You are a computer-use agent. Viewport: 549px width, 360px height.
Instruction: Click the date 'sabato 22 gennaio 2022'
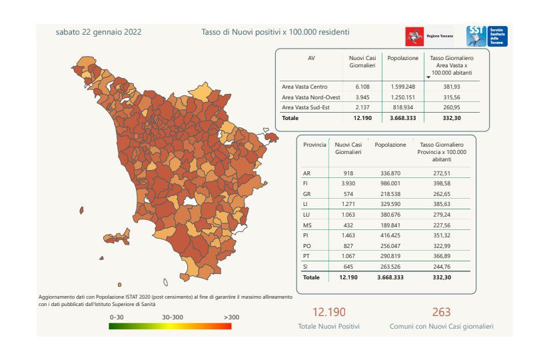[x=99, y=31]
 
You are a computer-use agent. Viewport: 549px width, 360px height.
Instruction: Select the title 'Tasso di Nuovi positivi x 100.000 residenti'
[x=275, y=31]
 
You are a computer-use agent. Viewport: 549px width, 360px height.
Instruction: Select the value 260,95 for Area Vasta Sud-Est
[x=452, y=107]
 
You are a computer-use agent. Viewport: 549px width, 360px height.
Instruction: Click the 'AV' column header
[x=311, y=58]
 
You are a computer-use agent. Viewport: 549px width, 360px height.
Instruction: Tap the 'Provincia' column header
[x=314, y=144]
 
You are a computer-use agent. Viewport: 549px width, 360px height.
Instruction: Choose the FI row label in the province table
[x=306, y=183]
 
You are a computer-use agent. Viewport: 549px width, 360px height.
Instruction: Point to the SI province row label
[x=306, y=267]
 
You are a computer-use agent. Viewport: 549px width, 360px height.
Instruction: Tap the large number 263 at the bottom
[x=441, y=312]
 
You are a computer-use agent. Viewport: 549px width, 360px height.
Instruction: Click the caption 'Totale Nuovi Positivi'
[x=329, y=327]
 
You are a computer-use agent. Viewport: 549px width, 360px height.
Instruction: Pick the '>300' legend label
[x=231, y=317]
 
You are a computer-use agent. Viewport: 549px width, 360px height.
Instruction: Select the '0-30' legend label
[x=118, y=317]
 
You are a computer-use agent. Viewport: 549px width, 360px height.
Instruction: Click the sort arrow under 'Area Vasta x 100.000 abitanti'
[x=428, y=77]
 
